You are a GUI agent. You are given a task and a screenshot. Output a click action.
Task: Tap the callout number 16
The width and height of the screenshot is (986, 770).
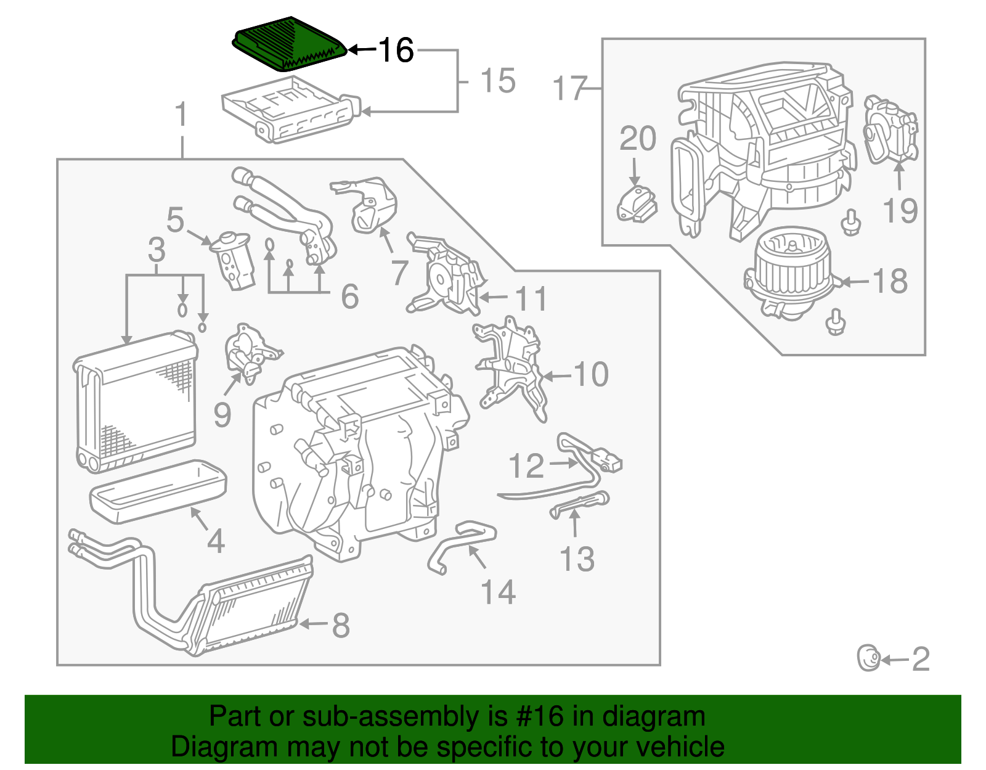click(396, 50)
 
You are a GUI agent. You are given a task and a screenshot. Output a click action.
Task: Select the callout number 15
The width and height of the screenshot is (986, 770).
click(497, 81)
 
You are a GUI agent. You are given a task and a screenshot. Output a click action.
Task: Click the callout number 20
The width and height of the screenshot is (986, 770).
click(637, 139)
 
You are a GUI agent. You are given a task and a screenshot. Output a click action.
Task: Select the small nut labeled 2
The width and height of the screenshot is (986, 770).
click(868, 658)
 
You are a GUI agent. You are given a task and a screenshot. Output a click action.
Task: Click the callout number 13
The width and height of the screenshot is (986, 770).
click(577, 559)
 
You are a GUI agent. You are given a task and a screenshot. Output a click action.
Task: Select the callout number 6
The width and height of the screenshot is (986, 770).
click(350, 297)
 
